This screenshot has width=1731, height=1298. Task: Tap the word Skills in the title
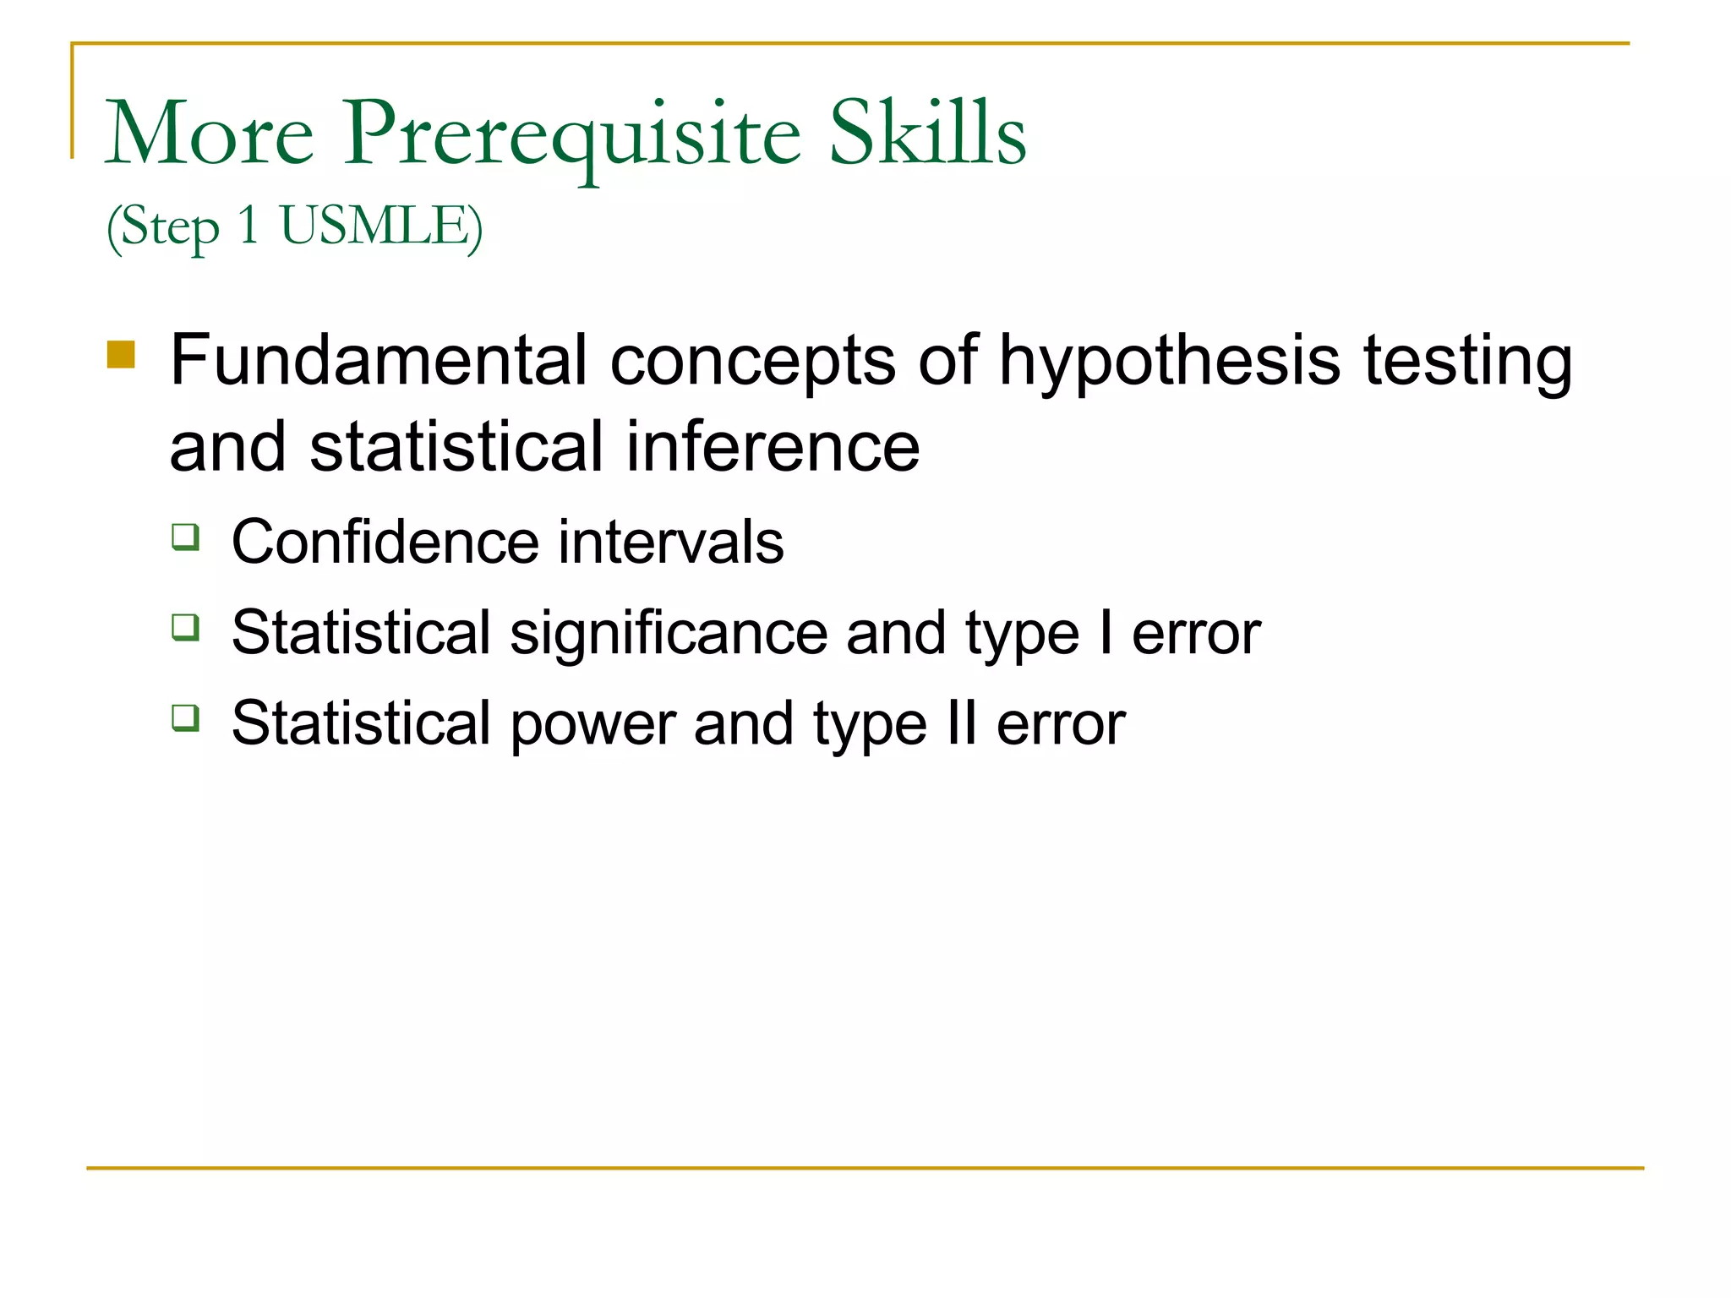pyautogui.click(x=927, y=134)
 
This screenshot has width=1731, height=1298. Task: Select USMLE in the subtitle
pyautogui.click(x=380, y=226)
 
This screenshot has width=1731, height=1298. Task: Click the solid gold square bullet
pyautogui.click(x=121, y=354)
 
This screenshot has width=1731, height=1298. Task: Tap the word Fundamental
pyautogui.click(x=378, y=360)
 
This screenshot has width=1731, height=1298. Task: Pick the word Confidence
pyautogui.click(x=385, y=542)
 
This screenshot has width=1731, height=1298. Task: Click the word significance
pyautogui.click(x=669, y=635)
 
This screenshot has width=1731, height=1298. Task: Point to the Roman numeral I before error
pyautogui.click(x=1106, y=633)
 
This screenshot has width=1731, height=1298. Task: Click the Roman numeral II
pyautogui.click(x=962, y=723)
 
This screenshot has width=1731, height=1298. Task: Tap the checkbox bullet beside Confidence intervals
pyautogui.click(x=186, y=537)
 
